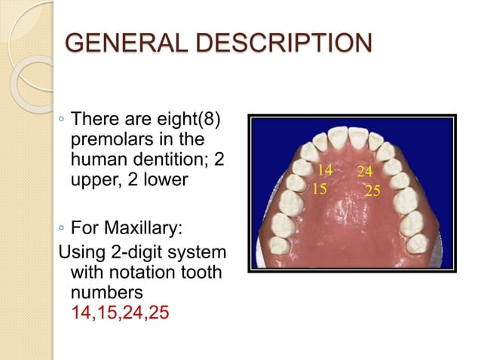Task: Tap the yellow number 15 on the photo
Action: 320,187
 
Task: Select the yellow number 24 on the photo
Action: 365,172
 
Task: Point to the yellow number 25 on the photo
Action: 372,191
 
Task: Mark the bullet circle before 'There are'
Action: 60,121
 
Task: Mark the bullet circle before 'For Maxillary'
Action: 60,227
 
